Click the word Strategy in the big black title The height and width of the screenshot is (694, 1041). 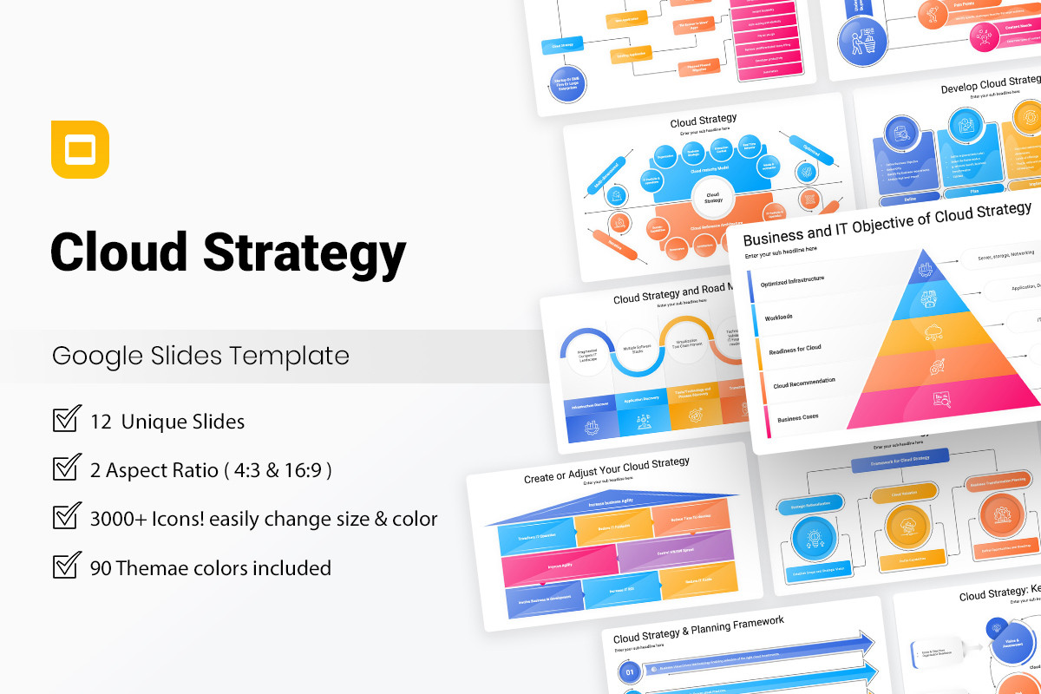[305, 252]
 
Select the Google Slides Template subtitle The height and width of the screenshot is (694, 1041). [200, 356]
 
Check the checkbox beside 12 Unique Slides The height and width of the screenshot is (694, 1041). [67, 421]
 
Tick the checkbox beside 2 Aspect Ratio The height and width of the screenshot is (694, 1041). [67, 469]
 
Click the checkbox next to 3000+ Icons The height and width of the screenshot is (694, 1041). [67, 518]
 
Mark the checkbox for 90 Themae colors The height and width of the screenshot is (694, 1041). [67, 566]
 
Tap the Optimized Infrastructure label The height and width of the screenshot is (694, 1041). [792, 281]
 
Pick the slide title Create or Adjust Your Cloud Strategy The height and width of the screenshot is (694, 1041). [606, 469]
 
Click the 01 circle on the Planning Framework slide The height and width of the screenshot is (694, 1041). [631, 671]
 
